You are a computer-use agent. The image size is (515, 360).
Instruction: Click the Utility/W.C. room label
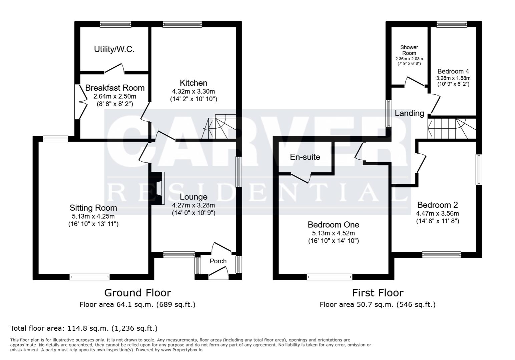pos(114,49)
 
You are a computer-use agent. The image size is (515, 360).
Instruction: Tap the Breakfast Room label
pos(115,88)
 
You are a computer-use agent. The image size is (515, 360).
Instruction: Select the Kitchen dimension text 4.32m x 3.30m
pos(193,91)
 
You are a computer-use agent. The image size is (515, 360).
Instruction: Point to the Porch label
pos(218,261)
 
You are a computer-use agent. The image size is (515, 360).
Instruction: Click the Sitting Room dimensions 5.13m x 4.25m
pos(93,216)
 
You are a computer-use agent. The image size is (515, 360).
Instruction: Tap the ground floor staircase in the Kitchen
pos(220,127)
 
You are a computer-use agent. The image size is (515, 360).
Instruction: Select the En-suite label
pos(305,157)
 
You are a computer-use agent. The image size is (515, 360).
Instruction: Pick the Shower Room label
pos(409,50)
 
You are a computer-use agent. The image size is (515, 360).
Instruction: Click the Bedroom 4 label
pos(453,71)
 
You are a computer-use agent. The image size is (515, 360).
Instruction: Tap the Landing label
pos(409,113)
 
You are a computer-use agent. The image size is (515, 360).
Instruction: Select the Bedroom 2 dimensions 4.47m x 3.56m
pos(437,214)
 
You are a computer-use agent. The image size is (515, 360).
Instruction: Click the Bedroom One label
pos(333,225)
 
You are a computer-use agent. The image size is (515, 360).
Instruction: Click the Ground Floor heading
pos(137,293)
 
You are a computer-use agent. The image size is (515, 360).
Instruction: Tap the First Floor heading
pos(378,293)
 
